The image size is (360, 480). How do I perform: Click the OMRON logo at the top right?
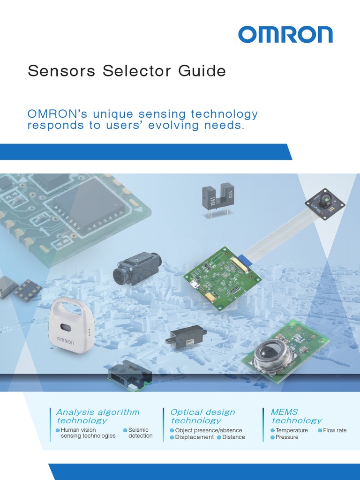point(285,35)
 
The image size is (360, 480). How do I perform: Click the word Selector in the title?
point(136,71)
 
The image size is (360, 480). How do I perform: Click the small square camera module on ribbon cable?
point(325,203)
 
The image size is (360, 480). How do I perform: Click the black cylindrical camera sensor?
point(137,269)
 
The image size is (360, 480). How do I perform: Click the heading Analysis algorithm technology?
point(97,416)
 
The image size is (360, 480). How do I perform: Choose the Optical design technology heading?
point(202,416)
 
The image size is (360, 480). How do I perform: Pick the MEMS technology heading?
point(296,416)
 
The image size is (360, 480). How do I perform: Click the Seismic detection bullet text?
point(140,433)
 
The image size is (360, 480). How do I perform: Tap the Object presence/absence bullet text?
point(209,430)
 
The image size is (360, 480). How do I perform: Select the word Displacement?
point(195,437)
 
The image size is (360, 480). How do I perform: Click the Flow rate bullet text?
point(335,430)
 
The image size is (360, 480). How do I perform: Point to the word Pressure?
point(287,437)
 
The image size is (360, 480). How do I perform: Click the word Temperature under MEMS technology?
point(292,430)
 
